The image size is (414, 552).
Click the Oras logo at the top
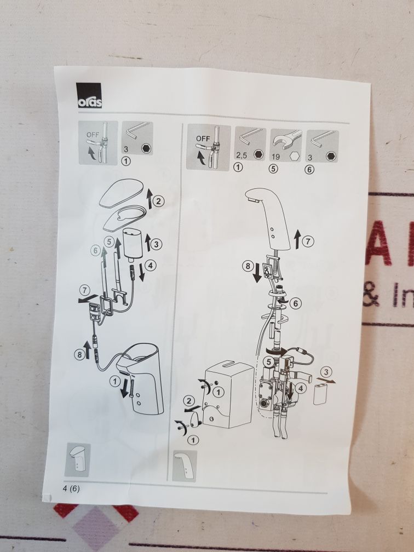(89, 95)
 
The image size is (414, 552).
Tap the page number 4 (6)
(71, 489)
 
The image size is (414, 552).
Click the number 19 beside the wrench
(275, 156)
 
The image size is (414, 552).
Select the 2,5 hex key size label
(242, 155)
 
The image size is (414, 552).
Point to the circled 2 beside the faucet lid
(158, 202)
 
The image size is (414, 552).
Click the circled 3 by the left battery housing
(156, 244)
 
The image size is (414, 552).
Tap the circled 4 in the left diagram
(151, 266)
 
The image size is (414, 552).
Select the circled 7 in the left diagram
(84, 291)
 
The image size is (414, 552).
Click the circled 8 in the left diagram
(79, 354)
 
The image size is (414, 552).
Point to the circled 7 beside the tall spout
(308, 242)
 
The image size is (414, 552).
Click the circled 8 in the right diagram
(248, 266)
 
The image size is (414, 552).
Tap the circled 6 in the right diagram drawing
(296, 303)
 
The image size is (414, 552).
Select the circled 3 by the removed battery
(326, 372)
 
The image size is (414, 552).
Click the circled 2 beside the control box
(189, 401)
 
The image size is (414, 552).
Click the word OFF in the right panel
(203, 139)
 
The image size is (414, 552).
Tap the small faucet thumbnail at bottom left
(77, 459)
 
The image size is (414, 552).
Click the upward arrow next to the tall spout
(297, 238)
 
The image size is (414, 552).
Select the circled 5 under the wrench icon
(274, 169)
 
